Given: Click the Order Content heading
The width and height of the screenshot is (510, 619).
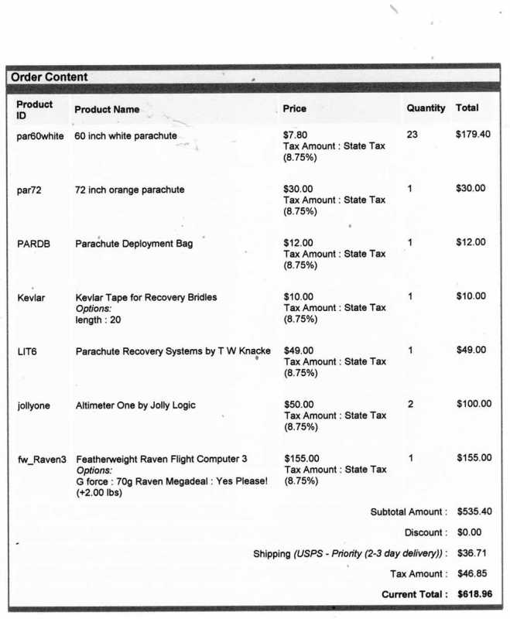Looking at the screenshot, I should coord(50,77).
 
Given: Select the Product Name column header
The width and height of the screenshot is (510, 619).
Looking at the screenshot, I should coord(107,109).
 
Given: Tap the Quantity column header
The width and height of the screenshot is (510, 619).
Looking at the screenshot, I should coord(426,108).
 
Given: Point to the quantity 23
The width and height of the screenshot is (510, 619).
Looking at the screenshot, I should coord(412,135).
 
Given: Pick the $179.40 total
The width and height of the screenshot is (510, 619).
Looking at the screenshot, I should coord(473,135).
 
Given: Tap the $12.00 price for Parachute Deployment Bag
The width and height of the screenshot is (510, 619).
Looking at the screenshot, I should coord(299,243).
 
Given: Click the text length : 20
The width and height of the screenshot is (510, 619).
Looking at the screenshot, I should coord(98,320).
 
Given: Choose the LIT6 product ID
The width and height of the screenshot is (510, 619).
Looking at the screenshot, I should coord(27,351).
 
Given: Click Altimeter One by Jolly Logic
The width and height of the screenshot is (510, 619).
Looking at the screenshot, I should coord(135,405).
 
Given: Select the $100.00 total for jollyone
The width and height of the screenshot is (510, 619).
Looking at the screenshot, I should coord(474,404).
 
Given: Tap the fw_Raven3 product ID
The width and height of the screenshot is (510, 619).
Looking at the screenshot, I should coord(42,459).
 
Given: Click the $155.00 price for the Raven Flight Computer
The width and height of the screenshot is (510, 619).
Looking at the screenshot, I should coord(301,458).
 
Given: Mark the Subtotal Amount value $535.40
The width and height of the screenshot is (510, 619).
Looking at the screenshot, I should coord(474,511).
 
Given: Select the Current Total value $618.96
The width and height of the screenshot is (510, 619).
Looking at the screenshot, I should coord(474,594).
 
